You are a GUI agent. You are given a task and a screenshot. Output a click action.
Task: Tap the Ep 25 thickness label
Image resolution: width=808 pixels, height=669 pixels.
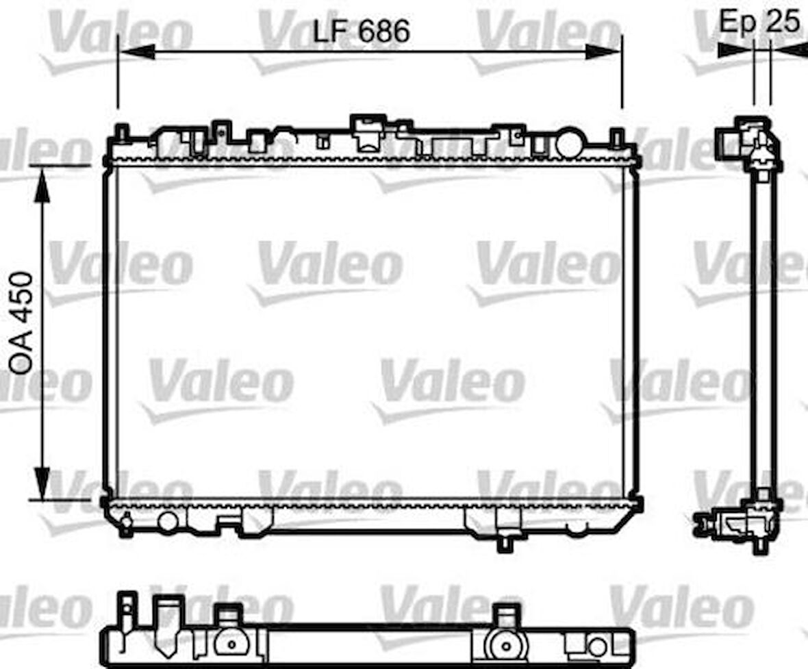759,22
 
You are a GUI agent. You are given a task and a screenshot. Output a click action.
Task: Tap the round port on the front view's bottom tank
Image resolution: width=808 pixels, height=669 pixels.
168,521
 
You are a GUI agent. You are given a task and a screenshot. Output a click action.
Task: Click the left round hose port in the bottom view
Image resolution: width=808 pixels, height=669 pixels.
231,644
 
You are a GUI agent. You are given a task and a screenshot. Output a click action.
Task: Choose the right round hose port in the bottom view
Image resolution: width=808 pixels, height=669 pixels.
507,644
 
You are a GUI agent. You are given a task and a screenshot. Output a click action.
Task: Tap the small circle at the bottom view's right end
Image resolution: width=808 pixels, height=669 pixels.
597,646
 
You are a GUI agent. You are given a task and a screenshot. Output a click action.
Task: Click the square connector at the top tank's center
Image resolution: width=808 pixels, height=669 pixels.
367,134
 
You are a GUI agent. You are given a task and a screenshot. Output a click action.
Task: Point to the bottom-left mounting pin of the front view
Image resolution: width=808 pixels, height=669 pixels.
126,525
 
